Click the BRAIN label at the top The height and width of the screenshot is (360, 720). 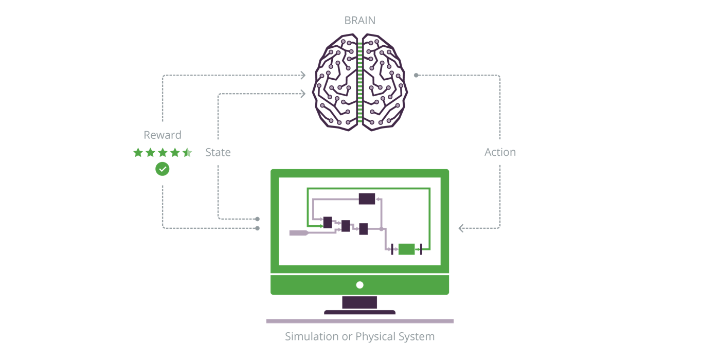pos(359,21)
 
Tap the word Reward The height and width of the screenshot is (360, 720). pos(163,135)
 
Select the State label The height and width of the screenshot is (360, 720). pos(218,152)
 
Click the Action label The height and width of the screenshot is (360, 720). pos(500,152)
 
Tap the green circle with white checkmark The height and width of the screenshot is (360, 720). pos(163,168)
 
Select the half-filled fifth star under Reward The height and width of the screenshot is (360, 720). pos(187,152)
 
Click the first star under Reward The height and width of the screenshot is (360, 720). pos(138,152)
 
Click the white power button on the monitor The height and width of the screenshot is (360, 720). pos(359,285)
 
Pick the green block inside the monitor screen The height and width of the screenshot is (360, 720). pos(406,249)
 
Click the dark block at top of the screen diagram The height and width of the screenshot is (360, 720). pos(367,199)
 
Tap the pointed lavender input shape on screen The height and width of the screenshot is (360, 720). pos(299,233)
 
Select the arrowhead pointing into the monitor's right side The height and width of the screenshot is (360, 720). pos(461,228)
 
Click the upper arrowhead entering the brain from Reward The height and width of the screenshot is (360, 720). pos(303,76)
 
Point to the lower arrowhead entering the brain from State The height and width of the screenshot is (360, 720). pos(303,94)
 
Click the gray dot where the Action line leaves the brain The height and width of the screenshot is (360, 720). pos(416,76)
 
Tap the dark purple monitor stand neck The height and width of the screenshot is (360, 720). pos(359,302)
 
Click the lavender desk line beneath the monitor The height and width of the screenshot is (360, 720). pos(359,321)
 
